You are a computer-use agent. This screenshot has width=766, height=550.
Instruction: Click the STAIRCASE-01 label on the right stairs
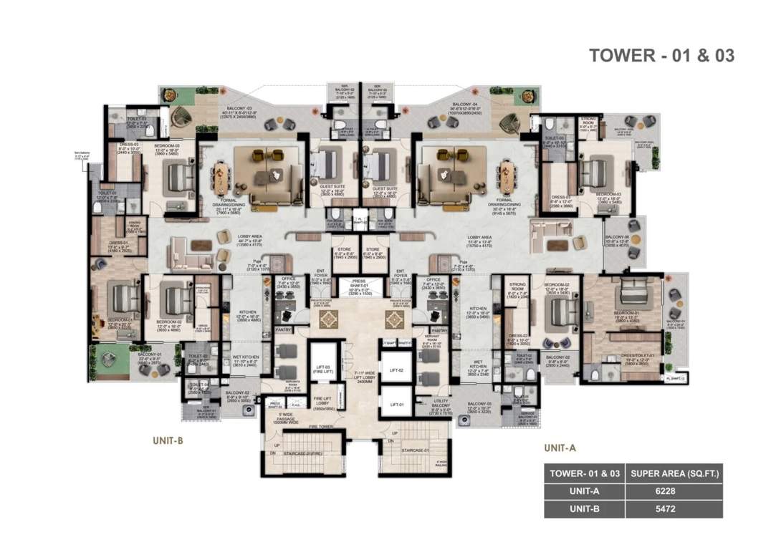[x=415, y=450]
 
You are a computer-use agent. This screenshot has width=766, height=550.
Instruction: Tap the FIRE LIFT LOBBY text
[x=322, y=402]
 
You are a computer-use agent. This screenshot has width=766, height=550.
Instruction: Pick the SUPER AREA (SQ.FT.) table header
[x=673, y=473]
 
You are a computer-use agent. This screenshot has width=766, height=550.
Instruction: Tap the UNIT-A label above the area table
[x=560, y=448]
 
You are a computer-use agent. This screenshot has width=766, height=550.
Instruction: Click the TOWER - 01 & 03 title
[x=661, y=55]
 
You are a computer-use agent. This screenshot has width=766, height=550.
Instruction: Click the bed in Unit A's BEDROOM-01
[x=630, y=291]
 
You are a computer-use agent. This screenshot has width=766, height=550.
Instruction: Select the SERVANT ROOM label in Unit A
[x=431, y=346]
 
